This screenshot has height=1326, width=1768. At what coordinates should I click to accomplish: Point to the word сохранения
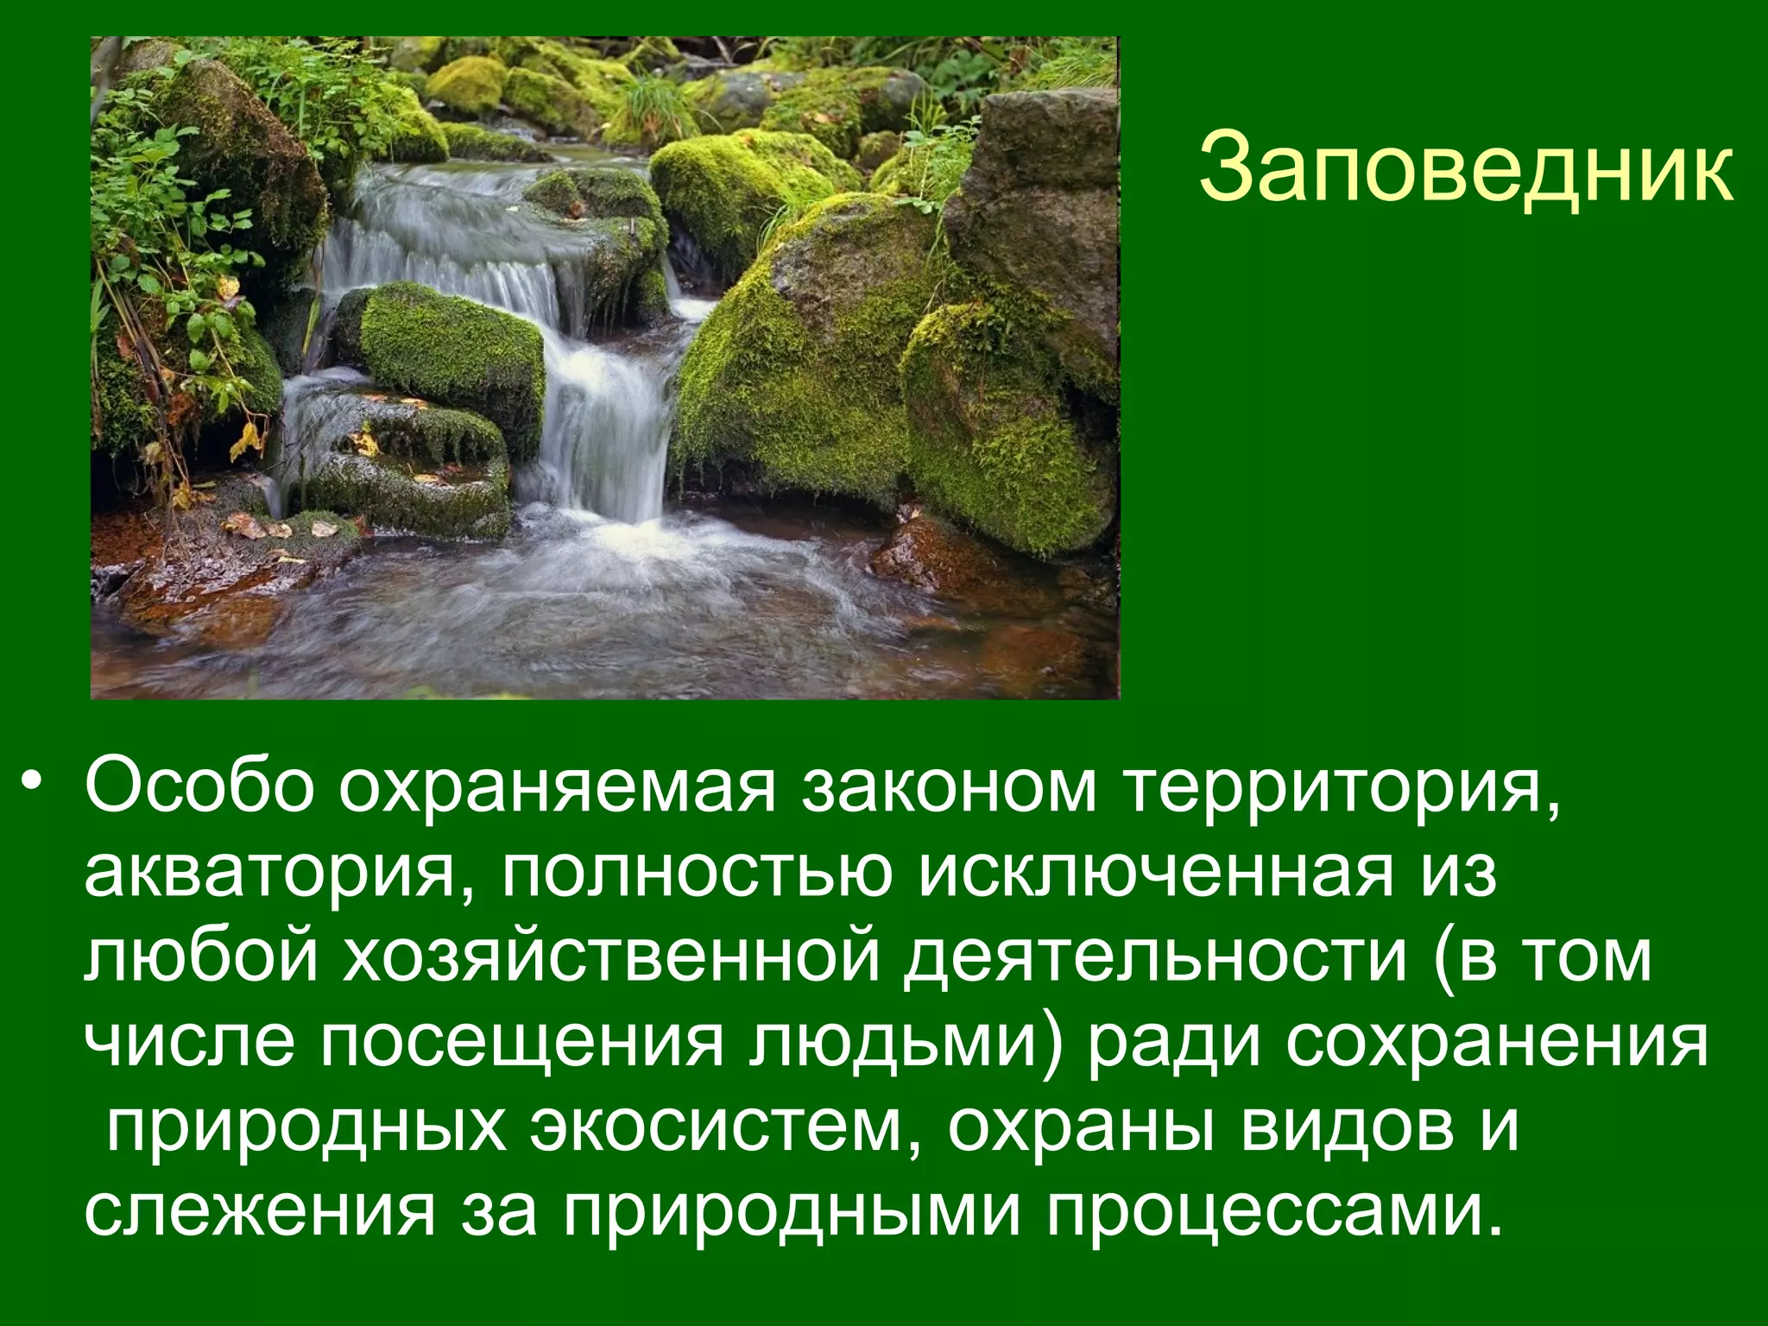(1498, 1044)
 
